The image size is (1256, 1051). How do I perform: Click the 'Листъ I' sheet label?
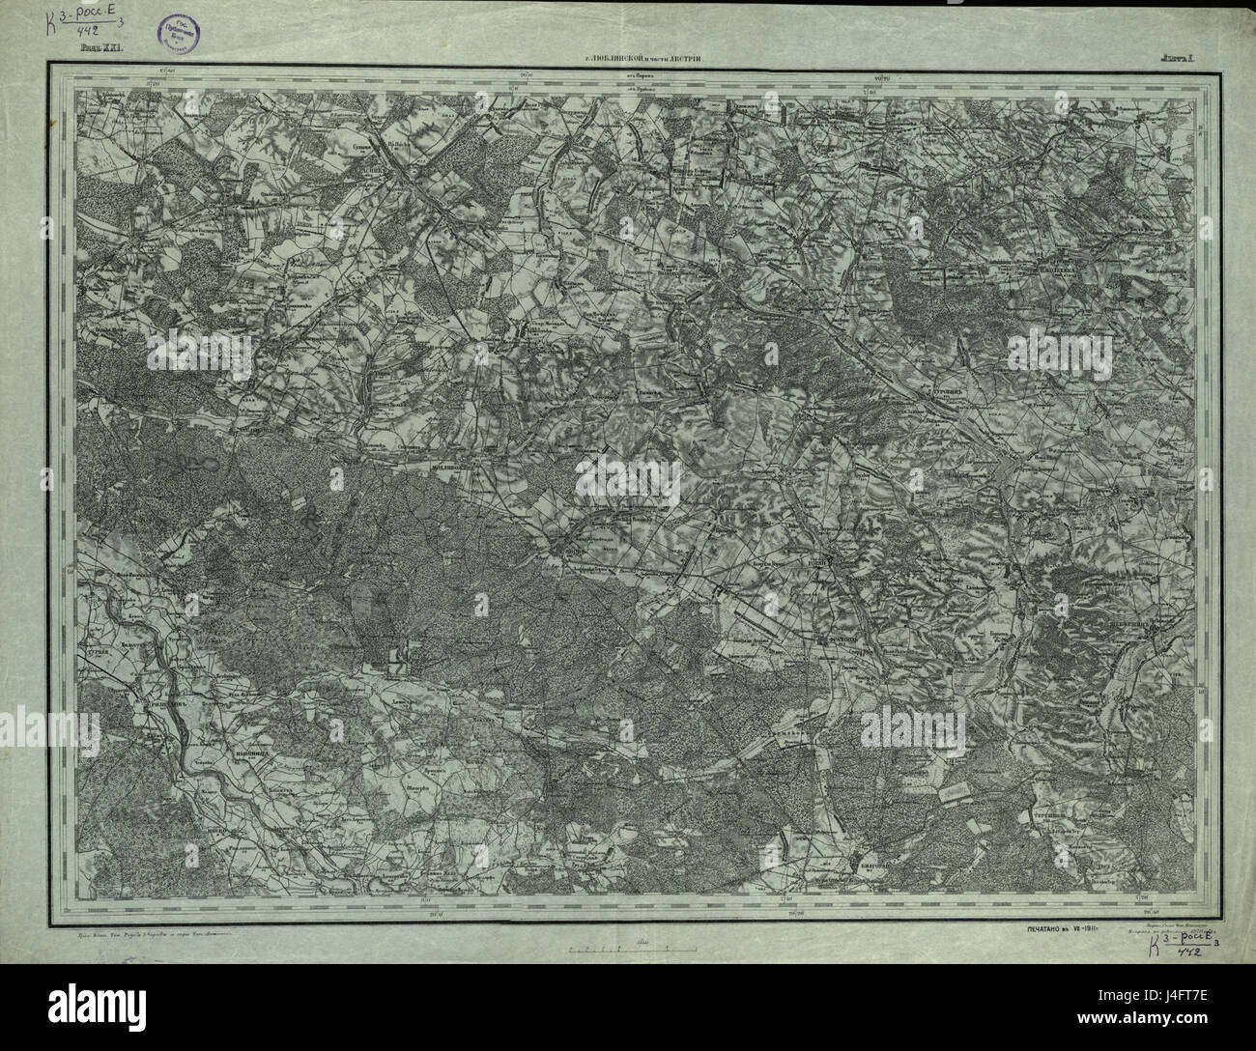[1178, 59]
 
